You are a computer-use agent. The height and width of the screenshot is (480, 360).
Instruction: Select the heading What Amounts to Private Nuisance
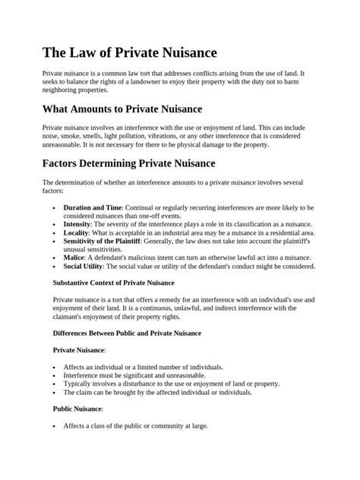point(142,109)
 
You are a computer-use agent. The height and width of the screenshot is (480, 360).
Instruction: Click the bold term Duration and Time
point(93,207)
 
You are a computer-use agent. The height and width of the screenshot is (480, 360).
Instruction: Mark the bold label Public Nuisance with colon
point(78,409)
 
